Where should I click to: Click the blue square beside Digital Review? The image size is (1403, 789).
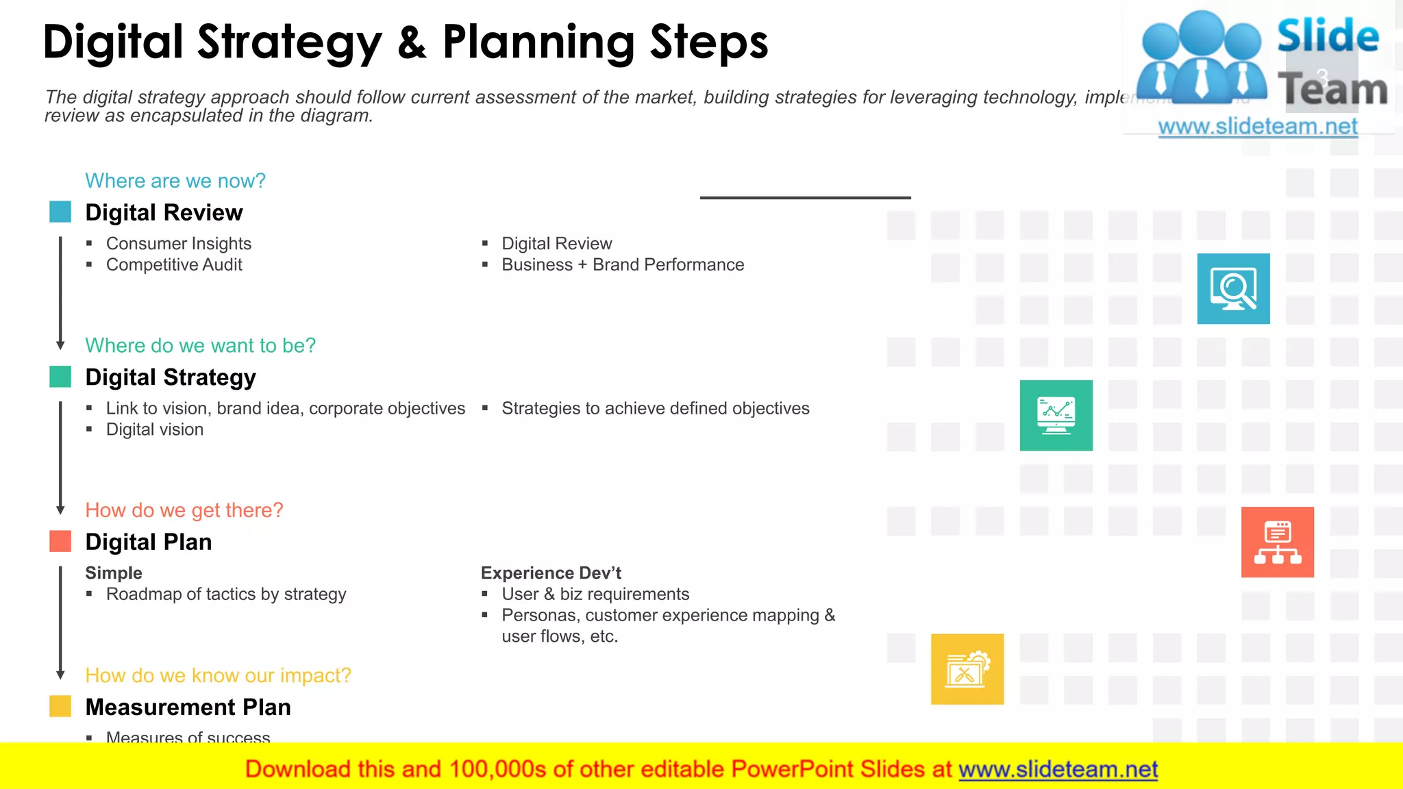point(60,212)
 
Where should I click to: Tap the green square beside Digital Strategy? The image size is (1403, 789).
point(60,377)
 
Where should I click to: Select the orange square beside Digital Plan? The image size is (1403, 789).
point(60,542)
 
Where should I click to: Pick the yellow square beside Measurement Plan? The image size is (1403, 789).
point(60,706)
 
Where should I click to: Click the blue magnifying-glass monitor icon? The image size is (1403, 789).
point(1233,289)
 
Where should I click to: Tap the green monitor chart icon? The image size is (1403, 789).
point(1056,416)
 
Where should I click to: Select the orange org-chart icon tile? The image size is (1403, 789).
point(1277,542)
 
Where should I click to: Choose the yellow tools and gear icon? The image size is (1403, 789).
point(967,669)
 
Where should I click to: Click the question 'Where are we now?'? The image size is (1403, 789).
point(175,181)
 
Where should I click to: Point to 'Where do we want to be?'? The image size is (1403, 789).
point(200,345)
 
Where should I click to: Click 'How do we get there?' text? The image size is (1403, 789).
point(184,510)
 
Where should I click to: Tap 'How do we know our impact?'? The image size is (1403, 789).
point(218,675)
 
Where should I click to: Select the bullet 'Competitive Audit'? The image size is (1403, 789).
point(174,265)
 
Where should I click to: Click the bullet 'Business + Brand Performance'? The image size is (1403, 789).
point(622,265)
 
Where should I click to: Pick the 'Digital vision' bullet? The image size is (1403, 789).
point(155,429)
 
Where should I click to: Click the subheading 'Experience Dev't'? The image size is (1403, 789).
point(551,573)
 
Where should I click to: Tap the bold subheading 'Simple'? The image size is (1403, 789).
point(114,573)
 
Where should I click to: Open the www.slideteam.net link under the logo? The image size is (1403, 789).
point(1257,127)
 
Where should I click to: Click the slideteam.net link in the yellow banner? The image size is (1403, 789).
point(1058,769)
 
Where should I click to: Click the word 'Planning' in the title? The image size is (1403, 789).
point(538,42)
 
